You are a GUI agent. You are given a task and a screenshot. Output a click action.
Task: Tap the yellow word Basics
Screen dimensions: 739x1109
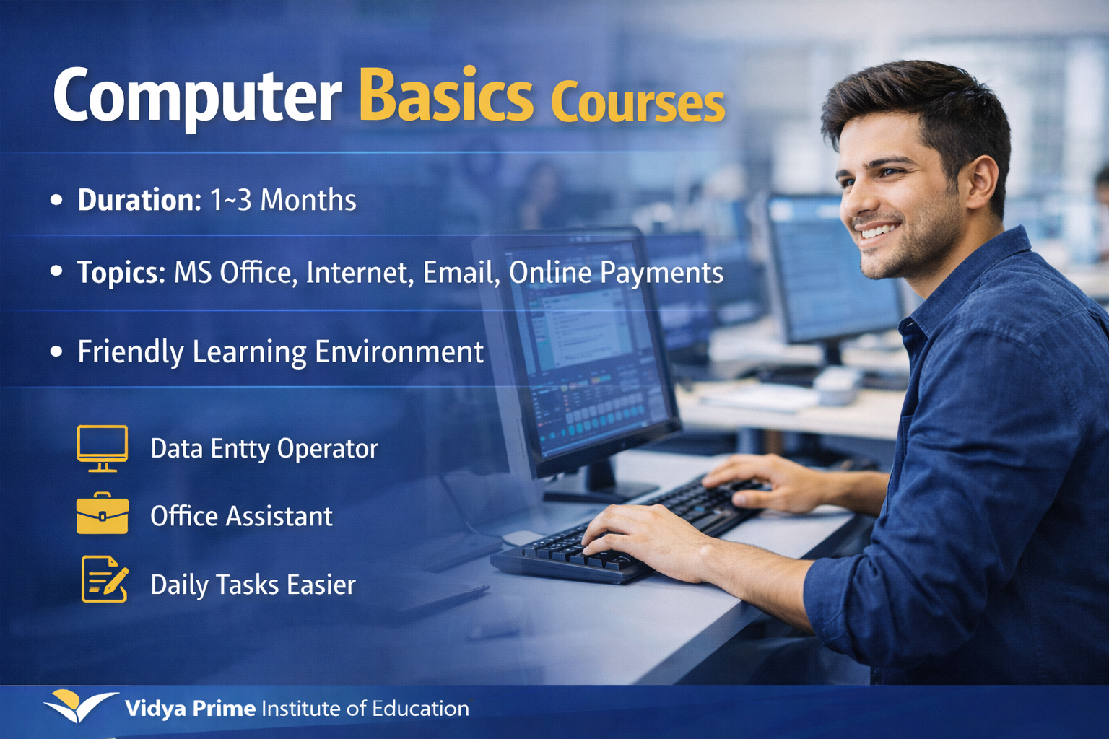(445, 96)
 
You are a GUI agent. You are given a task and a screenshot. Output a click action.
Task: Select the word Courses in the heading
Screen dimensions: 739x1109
(638, 102)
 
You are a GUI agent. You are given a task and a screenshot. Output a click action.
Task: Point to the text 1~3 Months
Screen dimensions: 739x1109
(283, 200)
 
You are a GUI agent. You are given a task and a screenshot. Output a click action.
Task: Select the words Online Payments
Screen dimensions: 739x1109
(616, 273)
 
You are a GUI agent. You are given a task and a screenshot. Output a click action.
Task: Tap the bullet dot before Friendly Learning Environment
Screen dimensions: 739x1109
(57, 351)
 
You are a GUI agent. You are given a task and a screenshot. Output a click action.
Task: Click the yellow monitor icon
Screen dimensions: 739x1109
(103, 447)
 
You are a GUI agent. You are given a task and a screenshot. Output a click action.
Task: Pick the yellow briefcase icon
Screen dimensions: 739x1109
(103, 515)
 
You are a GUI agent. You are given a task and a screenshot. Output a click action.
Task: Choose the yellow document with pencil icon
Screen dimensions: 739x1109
(104, 579)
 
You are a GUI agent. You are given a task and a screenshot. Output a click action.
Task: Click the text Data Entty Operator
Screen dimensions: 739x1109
(264, 449)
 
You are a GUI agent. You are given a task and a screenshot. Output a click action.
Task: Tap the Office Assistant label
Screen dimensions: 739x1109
(241, 517)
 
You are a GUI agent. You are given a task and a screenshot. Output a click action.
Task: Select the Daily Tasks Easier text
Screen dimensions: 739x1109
(253, 585)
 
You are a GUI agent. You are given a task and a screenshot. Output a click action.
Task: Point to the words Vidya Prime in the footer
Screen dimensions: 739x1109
(190, 709)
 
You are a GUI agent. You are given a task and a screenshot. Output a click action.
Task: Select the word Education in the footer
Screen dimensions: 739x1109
(420, 709)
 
